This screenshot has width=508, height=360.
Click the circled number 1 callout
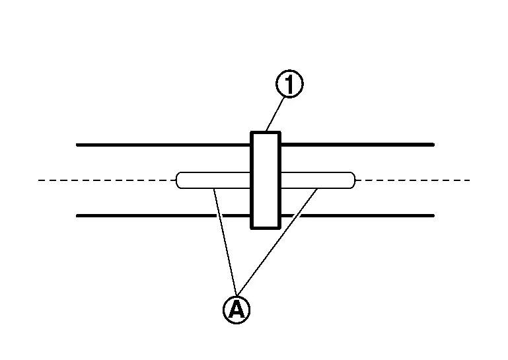pos(289,84)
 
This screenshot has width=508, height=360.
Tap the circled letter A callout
pos(236,309)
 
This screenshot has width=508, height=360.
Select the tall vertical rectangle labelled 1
pos(266,180)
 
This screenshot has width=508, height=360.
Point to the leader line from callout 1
pos(275,114)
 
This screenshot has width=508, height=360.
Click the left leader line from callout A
pos(225,242)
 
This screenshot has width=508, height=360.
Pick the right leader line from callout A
pos(277,242)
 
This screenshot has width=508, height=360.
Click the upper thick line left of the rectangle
pos(163,145)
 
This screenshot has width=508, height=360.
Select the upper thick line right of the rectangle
pos(357,145)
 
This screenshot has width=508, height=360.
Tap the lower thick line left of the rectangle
pos(163,215)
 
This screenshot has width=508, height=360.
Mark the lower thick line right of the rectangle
pos(357,215)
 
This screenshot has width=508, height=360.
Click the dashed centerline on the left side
pos(107,180)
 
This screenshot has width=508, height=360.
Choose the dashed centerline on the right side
pos(412,180)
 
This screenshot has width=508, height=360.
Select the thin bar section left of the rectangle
pos(213,180)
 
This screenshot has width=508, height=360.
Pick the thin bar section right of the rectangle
pos(318,180)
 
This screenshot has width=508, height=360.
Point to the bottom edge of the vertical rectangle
pos(266,228)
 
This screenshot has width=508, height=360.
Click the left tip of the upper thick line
pos(77,145)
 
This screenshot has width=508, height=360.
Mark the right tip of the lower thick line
pos(433,215)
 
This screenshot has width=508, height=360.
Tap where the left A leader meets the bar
pos(213,188)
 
